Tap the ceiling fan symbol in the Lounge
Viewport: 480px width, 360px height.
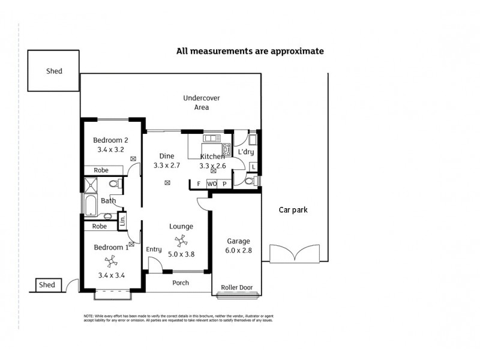(181, 241)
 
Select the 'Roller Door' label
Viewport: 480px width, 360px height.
(237, 287)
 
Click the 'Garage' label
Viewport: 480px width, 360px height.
(238, 241)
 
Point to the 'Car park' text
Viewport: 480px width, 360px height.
(293, 210)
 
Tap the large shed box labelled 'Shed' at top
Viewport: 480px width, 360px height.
(54, 71)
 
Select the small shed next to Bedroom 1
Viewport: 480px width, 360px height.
(47, 285)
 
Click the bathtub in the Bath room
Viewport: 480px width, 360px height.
(89, 206)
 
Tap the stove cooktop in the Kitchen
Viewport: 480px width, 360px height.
(226, 149)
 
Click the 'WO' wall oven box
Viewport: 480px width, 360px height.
(212, 184)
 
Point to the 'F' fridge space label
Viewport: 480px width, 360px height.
(198, 184)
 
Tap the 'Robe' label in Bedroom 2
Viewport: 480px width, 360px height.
(101, 170)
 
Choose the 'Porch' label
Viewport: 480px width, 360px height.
(181, 283)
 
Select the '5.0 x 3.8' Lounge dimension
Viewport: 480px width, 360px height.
(181, 254)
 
